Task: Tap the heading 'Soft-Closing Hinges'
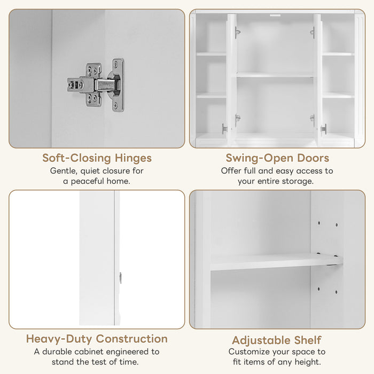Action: point(97,158)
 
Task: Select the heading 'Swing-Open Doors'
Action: point(277,158)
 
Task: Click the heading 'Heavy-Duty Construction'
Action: point(97,339)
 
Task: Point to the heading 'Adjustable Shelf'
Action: point(277,340)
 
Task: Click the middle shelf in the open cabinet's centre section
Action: point(275,75)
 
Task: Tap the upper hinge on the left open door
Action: point(237,33)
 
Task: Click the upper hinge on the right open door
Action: point(312,33)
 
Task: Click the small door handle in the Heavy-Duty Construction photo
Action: point(120,277)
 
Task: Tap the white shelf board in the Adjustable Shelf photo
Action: point(275,262)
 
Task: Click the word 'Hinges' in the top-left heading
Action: point(133,158)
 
